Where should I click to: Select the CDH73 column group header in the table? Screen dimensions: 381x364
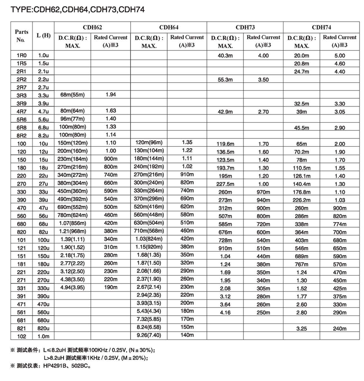(245, 27)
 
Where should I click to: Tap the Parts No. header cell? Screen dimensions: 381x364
(21, 36)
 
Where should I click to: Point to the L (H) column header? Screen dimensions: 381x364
(44, 36)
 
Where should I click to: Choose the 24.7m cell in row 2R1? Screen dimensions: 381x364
(302, 71)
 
